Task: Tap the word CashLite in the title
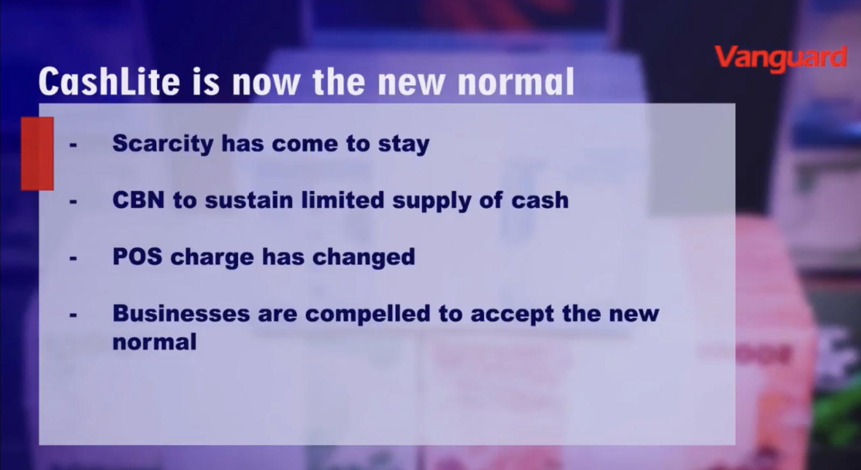click(x=109, y=81)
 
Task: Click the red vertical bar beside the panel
click(x=37, y=153)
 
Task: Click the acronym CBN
click(x=138, y=200)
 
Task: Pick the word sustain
click(x=249, y=200)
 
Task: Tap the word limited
click(x=342, y=200)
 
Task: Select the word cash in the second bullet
click(x=540, y=200)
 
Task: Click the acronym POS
click(x=137, y=257)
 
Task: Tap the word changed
click(x=364, y=257)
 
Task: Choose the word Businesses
click(x=181, y=313)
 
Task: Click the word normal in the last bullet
click(x=154, y=341)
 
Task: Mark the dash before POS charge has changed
click(x=73, y=258)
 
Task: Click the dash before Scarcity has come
click(x=73, y=145)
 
